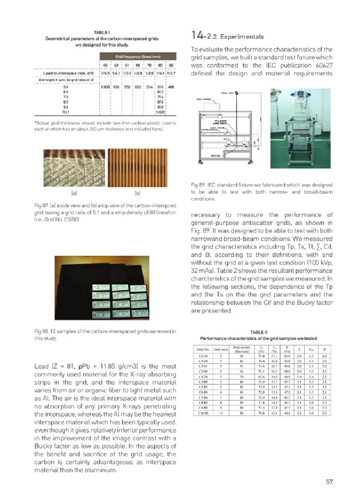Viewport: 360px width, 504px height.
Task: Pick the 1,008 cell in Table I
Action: coord(106,86)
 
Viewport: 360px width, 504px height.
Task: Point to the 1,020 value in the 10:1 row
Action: coord(160,111)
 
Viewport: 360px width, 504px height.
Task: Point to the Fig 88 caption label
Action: coord(42,331)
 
